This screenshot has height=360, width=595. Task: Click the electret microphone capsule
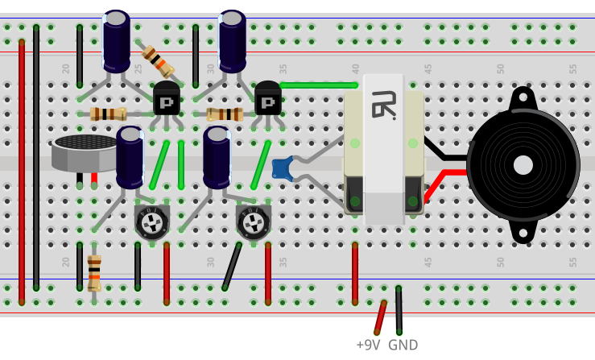coord(85,151)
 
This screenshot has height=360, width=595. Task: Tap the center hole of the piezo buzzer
coord(523,165)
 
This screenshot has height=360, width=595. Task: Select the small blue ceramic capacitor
coord(282,168)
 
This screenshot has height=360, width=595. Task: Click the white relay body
coord(384,149)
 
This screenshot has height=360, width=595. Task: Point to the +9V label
coord(367,345)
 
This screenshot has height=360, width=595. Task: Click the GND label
coord(403,345)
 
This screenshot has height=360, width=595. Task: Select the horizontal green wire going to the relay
coord(318,85)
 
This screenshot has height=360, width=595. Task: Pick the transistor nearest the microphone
coord(167,99)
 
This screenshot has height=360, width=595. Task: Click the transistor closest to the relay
coord(268,99)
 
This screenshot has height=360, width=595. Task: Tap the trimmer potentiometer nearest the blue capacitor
coord(253,221)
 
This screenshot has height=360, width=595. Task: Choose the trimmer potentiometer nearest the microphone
coord(151,221)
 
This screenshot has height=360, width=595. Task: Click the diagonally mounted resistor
coord(156,60)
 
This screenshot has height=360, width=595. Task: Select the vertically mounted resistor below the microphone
coord(94,272)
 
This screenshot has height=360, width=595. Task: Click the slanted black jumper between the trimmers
coord(232,266)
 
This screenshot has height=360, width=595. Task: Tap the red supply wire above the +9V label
coord(379,317)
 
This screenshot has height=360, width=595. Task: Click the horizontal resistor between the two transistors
coord(225,114)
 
